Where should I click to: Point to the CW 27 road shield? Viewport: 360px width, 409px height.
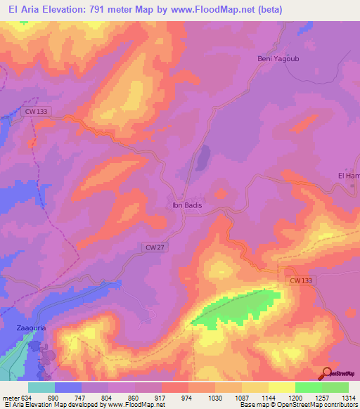click(x=155, y=247)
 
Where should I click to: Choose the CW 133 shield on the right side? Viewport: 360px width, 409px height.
click(x=300, y=280)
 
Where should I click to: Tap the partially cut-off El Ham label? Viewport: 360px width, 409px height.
click(x=349, y=175)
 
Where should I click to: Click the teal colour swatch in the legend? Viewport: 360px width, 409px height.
click(x=41, y=387)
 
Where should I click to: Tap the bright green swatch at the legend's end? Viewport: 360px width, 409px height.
click(x=335, y=387)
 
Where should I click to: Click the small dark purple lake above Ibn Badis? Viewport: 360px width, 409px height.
click(x=202, y=158)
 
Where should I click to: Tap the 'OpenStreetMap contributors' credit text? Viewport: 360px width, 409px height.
click(x=310, y=405)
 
